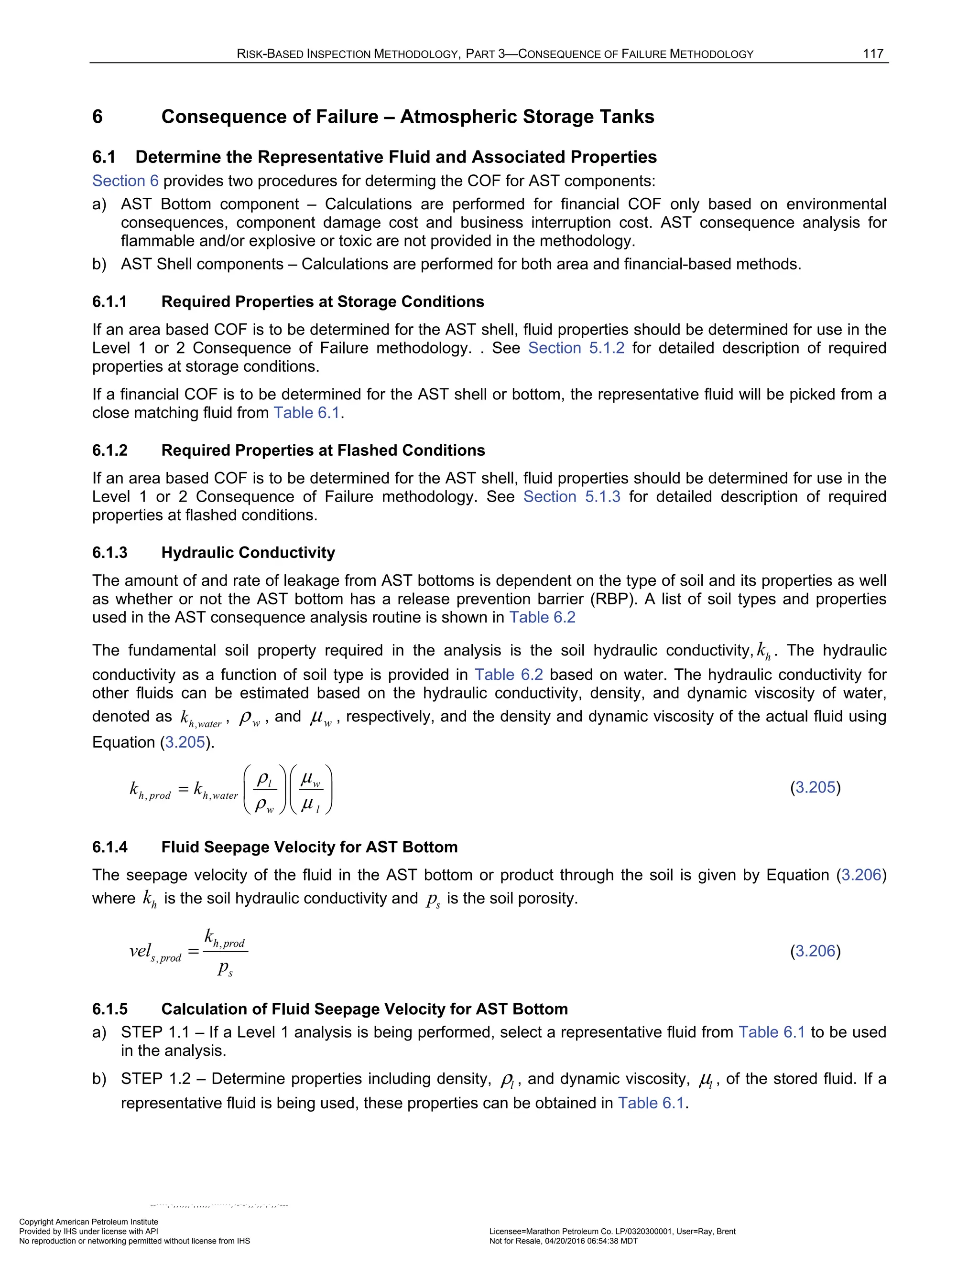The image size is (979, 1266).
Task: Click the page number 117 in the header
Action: click(x=872, y=54)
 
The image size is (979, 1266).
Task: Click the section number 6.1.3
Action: click(x=109, y=552)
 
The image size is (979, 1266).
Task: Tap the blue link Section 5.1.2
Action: click(x=576, y=348)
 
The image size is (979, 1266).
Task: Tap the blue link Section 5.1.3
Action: click(x=571, y=497)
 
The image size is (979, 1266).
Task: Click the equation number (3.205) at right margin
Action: click(x=815, y=787)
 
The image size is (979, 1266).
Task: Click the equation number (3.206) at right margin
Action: click(x=815, y=951)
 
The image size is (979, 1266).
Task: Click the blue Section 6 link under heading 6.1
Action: click(x=125, y=181)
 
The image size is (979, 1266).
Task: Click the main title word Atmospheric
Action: click(x=457, y=117)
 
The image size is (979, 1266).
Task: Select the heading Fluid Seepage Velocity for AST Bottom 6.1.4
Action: click(x=309, y=847)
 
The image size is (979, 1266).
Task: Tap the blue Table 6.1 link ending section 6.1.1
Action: click(x=307, y=413)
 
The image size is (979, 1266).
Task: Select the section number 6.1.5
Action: click(x=109, y=1009)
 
